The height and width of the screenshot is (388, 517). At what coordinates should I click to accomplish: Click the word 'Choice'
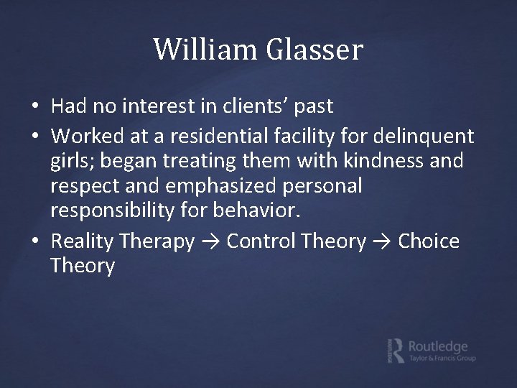pos(429,241)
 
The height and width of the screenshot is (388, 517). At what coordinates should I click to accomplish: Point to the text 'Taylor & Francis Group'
pos(442,358)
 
